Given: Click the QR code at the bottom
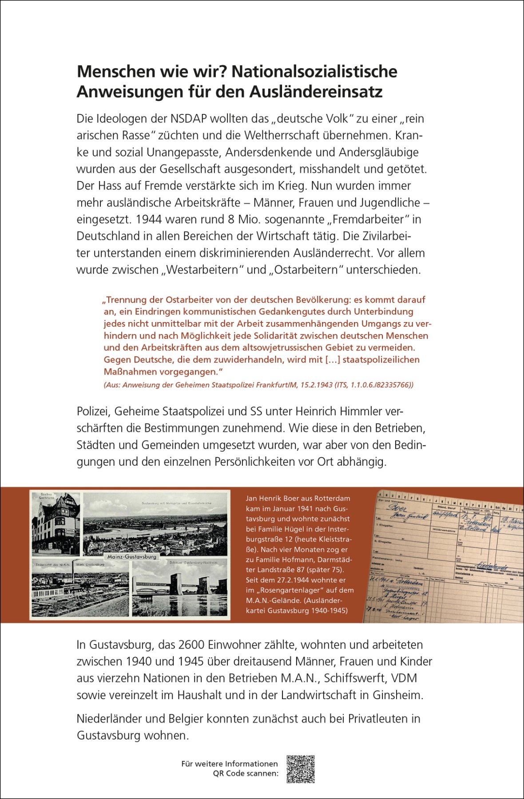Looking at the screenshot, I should coord(301,769).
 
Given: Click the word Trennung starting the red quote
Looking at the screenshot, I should coord(128,300).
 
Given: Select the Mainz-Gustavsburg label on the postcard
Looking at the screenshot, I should coord(132,557).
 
